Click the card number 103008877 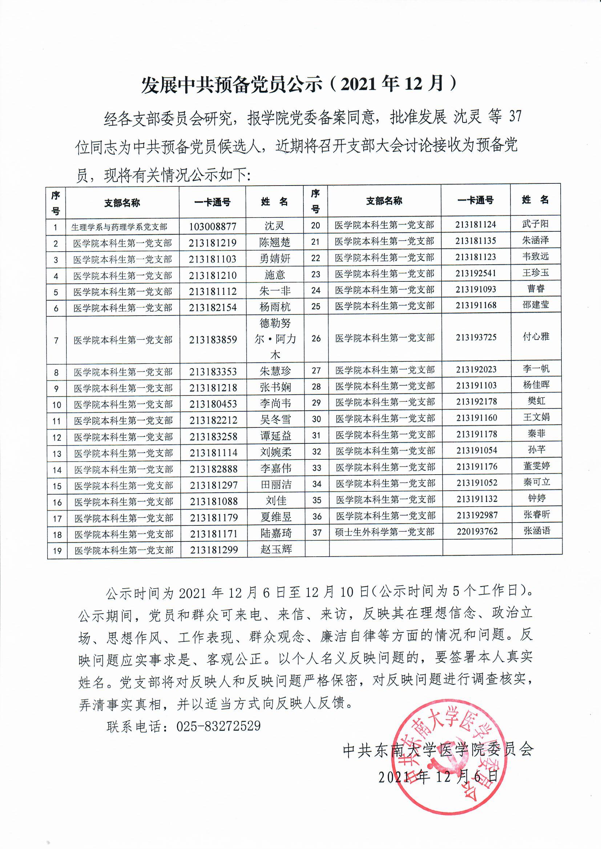[x=213, y=226]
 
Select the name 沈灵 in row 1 [x=274, y=226]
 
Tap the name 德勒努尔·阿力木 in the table [x=275, y=339]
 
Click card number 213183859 [x=213, y=340]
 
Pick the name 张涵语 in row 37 [x=537, y=531]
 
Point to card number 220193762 [x=477, y=531]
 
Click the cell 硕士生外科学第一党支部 [x=384, y=532]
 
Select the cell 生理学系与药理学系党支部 [x=119, y=227]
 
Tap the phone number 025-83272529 [x=218, y=726]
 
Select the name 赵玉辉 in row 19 [x=276, y=549]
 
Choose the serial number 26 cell [x=316, y=338]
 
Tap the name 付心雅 [x=536, y=337]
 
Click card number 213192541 [x=476, y=273]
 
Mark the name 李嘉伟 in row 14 [x=276, y=468]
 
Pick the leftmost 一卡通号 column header [x=212, y=202]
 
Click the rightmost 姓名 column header [x=535, y=200]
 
